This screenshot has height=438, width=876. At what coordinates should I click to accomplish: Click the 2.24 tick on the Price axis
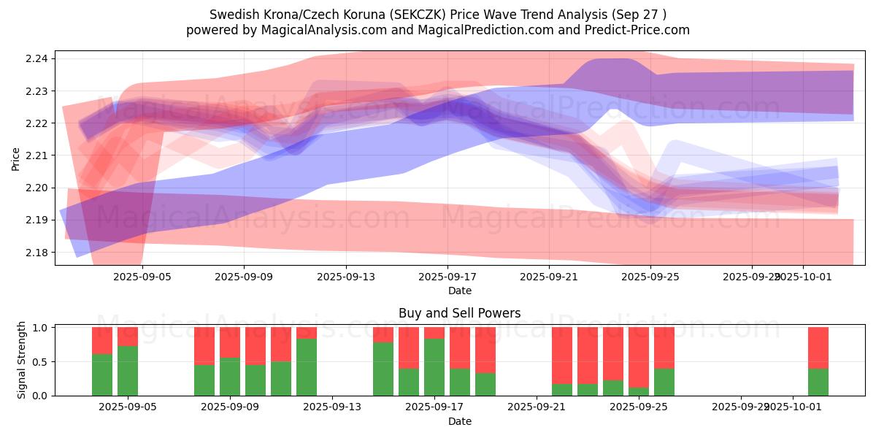(x=38, y=58)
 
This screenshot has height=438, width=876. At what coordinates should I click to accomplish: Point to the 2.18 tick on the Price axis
(x=38, y=253)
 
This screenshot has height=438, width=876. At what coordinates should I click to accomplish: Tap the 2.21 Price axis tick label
(x=38, y=155)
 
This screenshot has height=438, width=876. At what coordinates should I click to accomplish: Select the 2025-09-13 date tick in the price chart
(x=345, y=277)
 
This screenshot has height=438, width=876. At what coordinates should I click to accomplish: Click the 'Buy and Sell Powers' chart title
(x=459, y=313)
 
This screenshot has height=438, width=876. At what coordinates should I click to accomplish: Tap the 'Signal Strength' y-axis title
(x=22, y=360)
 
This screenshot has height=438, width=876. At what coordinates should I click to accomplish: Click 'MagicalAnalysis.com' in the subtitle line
(x=318, y=30)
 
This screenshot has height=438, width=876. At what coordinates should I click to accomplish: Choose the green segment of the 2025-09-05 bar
(x=128, y=371)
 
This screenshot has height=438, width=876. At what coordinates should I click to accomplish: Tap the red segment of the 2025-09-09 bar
(x=230, y=342)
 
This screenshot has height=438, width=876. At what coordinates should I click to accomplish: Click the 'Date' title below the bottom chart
(x=459, y=421)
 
